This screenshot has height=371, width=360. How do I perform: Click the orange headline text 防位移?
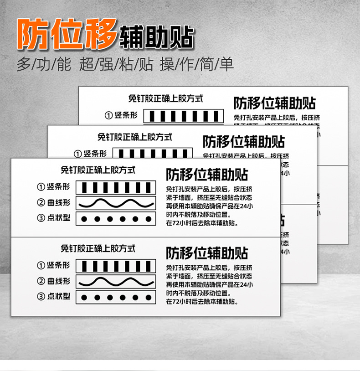tap(67, 34)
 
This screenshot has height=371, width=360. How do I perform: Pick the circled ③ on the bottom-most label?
tap(41, 296)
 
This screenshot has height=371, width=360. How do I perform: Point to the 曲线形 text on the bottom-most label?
tap(59, 281)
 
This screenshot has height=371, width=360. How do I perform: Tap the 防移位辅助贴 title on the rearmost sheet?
tap(275, 103)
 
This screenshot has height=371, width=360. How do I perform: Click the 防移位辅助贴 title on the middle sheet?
tap(244, 142)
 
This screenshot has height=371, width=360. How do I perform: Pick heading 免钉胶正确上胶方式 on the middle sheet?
tap(135, 137)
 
